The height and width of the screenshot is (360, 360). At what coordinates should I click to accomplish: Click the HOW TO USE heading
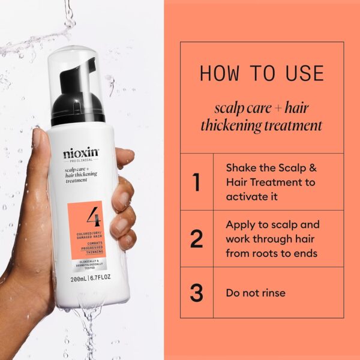coord(262,73)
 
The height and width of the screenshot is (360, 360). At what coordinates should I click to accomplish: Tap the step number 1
coord(196,181)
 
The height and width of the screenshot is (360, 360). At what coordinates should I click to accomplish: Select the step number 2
coord(196,239)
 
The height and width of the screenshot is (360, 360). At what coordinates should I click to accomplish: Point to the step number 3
coord(196,293)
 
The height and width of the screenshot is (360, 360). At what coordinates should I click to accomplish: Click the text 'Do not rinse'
coord(256,293)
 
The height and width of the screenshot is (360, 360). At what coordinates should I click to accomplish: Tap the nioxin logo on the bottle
coord(82,153)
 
